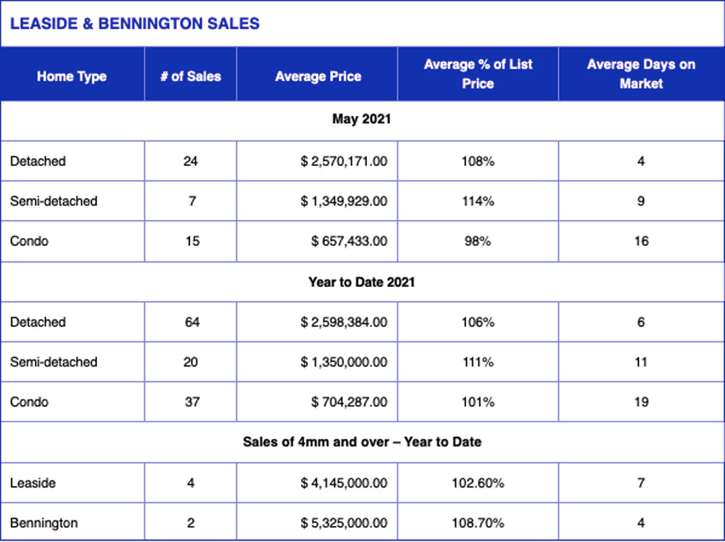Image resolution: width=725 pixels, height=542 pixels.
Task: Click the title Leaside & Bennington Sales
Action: pos(135,24)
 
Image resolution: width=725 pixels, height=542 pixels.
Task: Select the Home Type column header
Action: pos(72,76)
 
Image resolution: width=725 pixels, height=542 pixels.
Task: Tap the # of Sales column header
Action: pos(191,76)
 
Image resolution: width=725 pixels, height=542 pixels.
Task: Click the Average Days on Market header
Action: pos(641,74)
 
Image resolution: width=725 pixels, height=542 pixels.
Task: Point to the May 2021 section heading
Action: pos(362,120)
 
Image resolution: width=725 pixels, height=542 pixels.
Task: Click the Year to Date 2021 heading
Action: pos(362,282)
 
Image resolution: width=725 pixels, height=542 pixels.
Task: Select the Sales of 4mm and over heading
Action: pos(362,442)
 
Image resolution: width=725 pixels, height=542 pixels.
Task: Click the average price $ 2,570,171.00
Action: pos(344,162)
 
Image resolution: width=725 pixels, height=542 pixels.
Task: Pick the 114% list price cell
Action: pos(478,201)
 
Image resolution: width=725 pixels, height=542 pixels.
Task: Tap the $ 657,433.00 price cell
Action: pos(349,241)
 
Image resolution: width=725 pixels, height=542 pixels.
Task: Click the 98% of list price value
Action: pos(478,241)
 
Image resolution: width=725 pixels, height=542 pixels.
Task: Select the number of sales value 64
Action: pos(192,322)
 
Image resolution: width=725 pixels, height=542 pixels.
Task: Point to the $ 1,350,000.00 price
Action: pos(344,362)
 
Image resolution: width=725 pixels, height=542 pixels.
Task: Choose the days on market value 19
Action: pos(641,402)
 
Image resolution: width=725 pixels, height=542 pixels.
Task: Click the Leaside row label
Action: pos(33,483)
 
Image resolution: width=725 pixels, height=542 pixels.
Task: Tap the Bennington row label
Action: pos(44,523)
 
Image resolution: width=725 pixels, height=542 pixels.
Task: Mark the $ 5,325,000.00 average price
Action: pos(344,523)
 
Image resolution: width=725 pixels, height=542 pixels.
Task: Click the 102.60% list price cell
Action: pos(478,483)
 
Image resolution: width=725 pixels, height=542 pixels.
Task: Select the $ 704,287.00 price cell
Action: pos(349,402)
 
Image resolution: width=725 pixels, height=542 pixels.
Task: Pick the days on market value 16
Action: pos(641,241)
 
